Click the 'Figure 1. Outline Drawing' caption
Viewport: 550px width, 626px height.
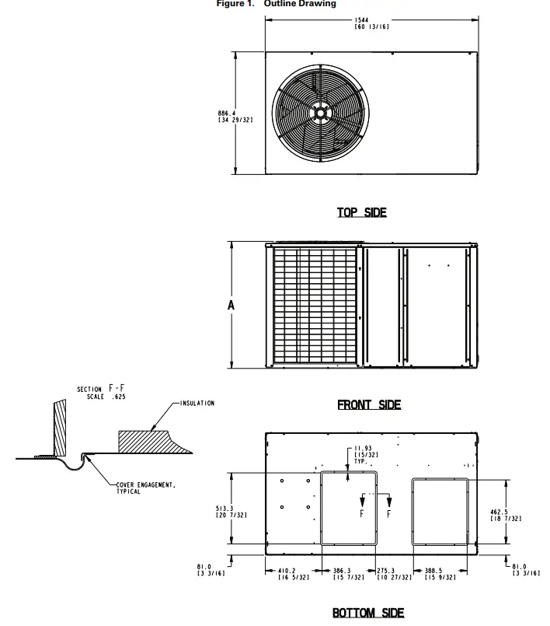coord(276,4)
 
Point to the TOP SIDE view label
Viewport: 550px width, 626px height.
coord(361,212)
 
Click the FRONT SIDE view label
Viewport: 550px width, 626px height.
coord(369,404)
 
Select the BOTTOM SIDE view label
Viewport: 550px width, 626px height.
coord(368,613)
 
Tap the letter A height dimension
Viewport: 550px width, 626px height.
coord(231,306)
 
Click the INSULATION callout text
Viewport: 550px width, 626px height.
coord(197,403)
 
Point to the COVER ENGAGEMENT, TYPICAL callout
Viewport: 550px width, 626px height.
coord(145,488)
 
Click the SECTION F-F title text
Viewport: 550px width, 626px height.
coord(100,392)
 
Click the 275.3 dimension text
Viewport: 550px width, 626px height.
coord(391,574)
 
